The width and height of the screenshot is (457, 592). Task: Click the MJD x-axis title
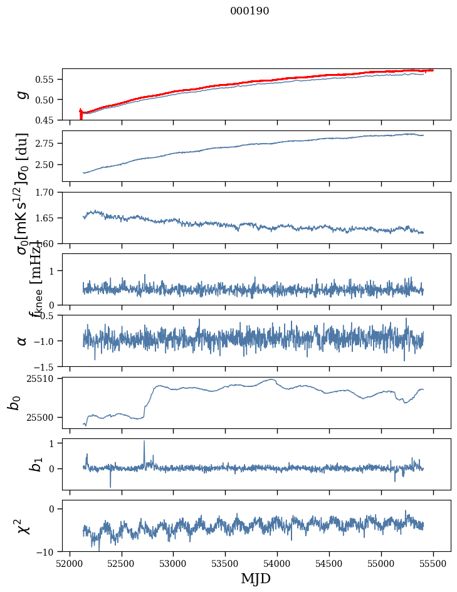(256, 579)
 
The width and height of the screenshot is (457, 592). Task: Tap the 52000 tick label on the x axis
(70, 563)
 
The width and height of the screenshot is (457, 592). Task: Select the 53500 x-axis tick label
(226, 563)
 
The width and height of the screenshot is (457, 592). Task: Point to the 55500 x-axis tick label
(434, 563)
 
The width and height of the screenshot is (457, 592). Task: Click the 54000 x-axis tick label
(278, 563)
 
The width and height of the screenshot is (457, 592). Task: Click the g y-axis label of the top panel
(22, 94)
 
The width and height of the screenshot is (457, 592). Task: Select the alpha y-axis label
(22, 341)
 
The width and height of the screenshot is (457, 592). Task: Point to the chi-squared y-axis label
(22, 526)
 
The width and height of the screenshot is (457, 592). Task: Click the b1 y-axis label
(22, 464)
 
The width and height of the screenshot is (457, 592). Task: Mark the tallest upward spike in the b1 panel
(144, 441)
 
